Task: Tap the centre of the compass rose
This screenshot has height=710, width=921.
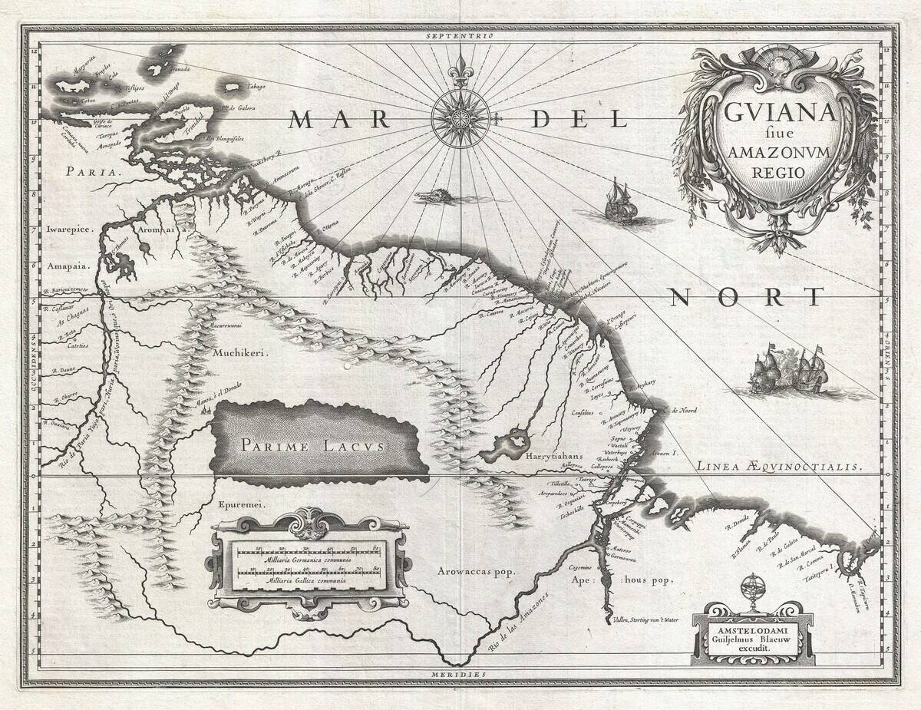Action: [x=460, y=118]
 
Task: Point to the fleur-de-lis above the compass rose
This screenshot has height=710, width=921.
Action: [x=460, y=67]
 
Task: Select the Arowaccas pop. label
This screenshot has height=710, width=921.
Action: [x=475, y=572]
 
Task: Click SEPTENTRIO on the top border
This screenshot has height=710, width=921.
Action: [x=460, y=36]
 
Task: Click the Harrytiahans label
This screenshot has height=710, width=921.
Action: [x=556, y=455]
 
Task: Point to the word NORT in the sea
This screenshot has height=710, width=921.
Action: [x=745, y=296]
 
